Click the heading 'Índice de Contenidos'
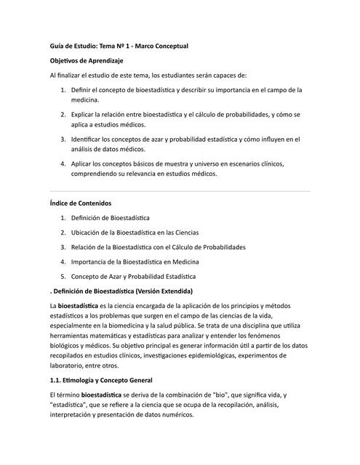pyautogui.click(x=81, y=203)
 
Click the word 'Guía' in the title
pyautogui.click(x=58, y=46)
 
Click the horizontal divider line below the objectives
pyautogui.click(x=180, y=191)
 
